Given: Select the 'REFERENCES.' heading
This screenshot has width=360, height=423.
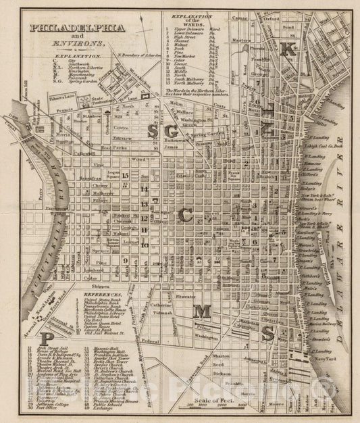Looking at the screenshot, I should click(105, 295).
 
